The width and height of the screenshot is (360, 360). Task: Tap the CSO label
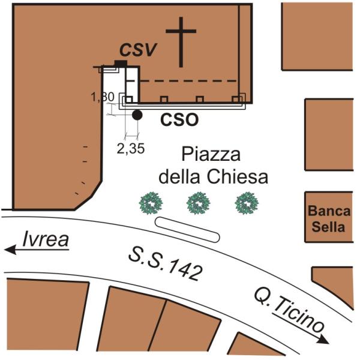pyautogui.click(x=179, y=119)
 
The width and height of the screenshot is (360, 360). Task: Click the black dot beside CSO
pyautogui.click(x=137, y=115)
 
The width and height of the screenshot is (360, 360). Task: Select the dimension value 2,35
pyautogui.click(x=130, y=148)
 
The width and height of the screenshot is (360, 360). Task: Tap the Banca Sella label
pyautogui.click(x=326, y=219)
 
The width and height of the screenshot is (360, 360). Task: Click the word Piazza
pyautogui.click(x=211, y=156)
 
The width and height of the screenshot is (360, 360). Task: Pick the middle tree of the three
pyautogui.click(x=197, y=203)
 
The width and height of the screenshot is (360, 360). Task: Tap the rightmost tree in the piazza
pyautogui.click(x=245, y=203)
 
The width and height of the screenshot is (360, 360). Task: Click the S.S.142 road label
pyautogui.click(x=166, y=262)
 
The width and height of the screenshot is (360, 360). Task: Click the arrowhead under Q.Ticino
pyautogui.click(x=325, y=340)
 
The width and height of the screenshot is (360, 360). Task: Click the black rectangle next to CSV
pyautogui.click(x=121, y=63)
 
